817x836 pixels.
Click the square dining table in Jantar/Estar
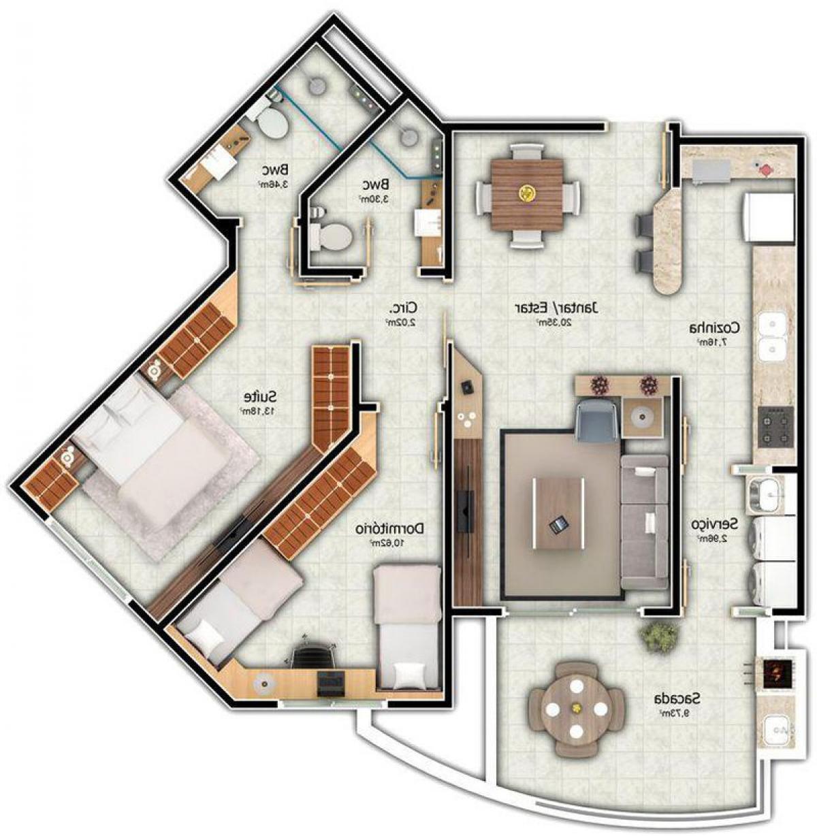click(x=526, y=195)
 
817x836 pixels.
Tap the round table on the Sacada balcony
click(x=577, y=709)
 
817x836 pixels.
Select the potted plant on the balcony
click(x=658, y=636)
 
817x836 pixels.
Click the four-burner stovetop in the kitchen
click(x=775, y=426)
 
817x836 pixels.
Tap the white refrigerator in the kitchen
click(x=771, y=219)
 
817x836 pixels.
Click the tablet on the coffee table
click(x=558, y=524)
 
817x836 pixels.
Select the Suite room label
click(x=259, y=396)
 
